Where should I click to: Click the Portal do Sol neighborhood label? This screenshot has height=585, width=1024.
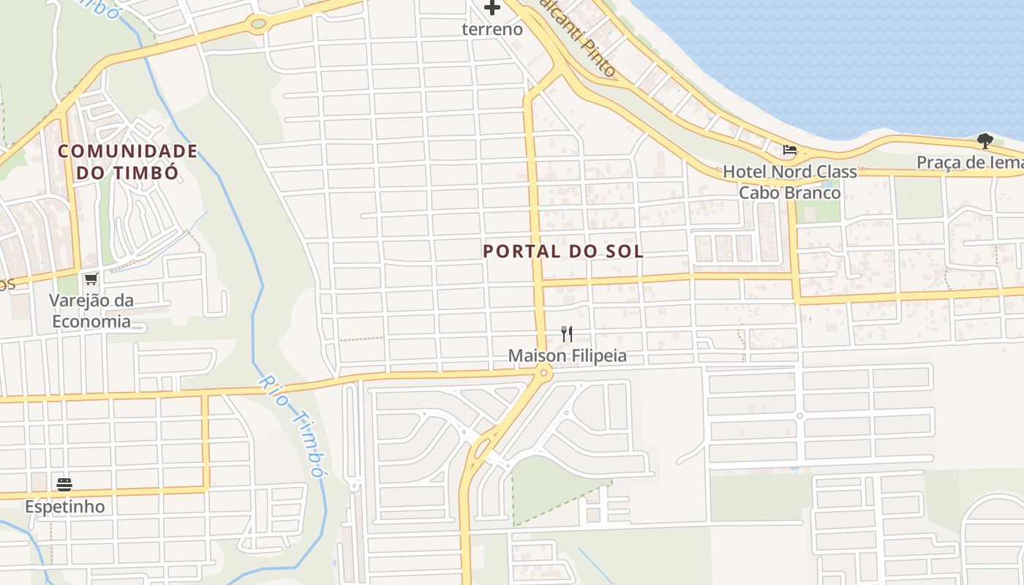pyautogui.click(x=563, y=252)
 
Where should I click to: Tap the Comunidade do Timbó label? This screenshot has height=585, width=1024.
pyautogui.click(x=127, y=162)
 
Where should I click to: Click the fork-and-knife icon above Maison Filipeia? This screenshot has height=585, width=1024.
pyautogui.click(x=567, y=334)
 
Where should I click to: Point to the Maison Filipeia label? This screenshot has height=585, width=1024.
pyautogui.click(x=568, y=356)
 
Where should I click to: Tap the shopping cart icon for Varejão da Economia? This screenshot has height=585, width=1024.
pyautogui.click(x=91, y=279)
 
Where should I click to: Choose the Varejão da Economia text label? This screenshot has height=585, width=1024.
pyautogui.click(x=90, y=311)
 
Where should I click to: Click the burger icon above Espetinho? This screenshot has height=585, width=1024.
pyautogui.click(x=64, y=484)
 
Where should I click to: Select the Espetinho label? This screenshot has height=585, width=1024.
pyautogui.click(x=64, y=506)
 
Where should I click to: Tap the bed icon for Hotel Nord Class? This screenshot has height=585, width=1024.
pyautogui.click(x=789, y=150)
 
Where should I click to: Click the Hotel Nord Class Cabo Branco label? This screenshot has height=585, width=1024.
pyautogui.click(x=789, y=182)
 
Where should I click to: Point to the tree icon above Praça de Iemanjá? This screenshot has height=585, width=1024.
pyautogui.click(x=985, y=140)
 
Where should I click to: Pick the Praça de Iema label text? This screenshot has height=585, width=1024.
pyautogui.click(x=970, y=162)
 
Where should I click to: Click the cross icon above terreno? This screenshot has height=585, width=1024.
pyautogui.click(x=492, y=8)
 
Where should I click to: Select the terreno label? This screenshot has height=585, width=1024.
pyautogui.click(x=492, y=29)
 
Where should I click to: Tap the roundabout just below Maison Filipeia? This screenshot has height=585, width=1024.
pyautogui.click(x=543, y=374)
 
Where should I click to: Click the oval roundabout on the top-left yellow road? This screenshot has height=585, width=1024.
pyautogui.click(x=258, y=24)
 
